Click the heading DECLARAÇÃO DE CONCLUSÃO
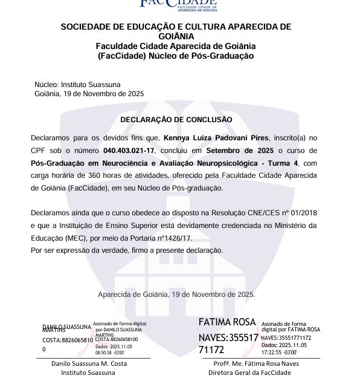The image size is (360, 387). [x=176, y=120]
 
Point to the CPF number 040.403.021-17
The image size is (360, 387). [x=129, y=151]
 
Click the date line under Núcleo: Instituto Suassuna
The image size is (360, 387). [x=89, y=94]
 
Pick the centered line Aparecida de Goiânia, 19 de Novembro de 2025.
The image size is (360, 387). [x=176, y=294]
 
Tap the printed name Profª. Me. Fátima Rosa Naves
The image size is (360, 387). [x=256, y=363]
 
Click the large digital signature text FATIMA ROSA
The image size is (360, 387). [x=227, y=322]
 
